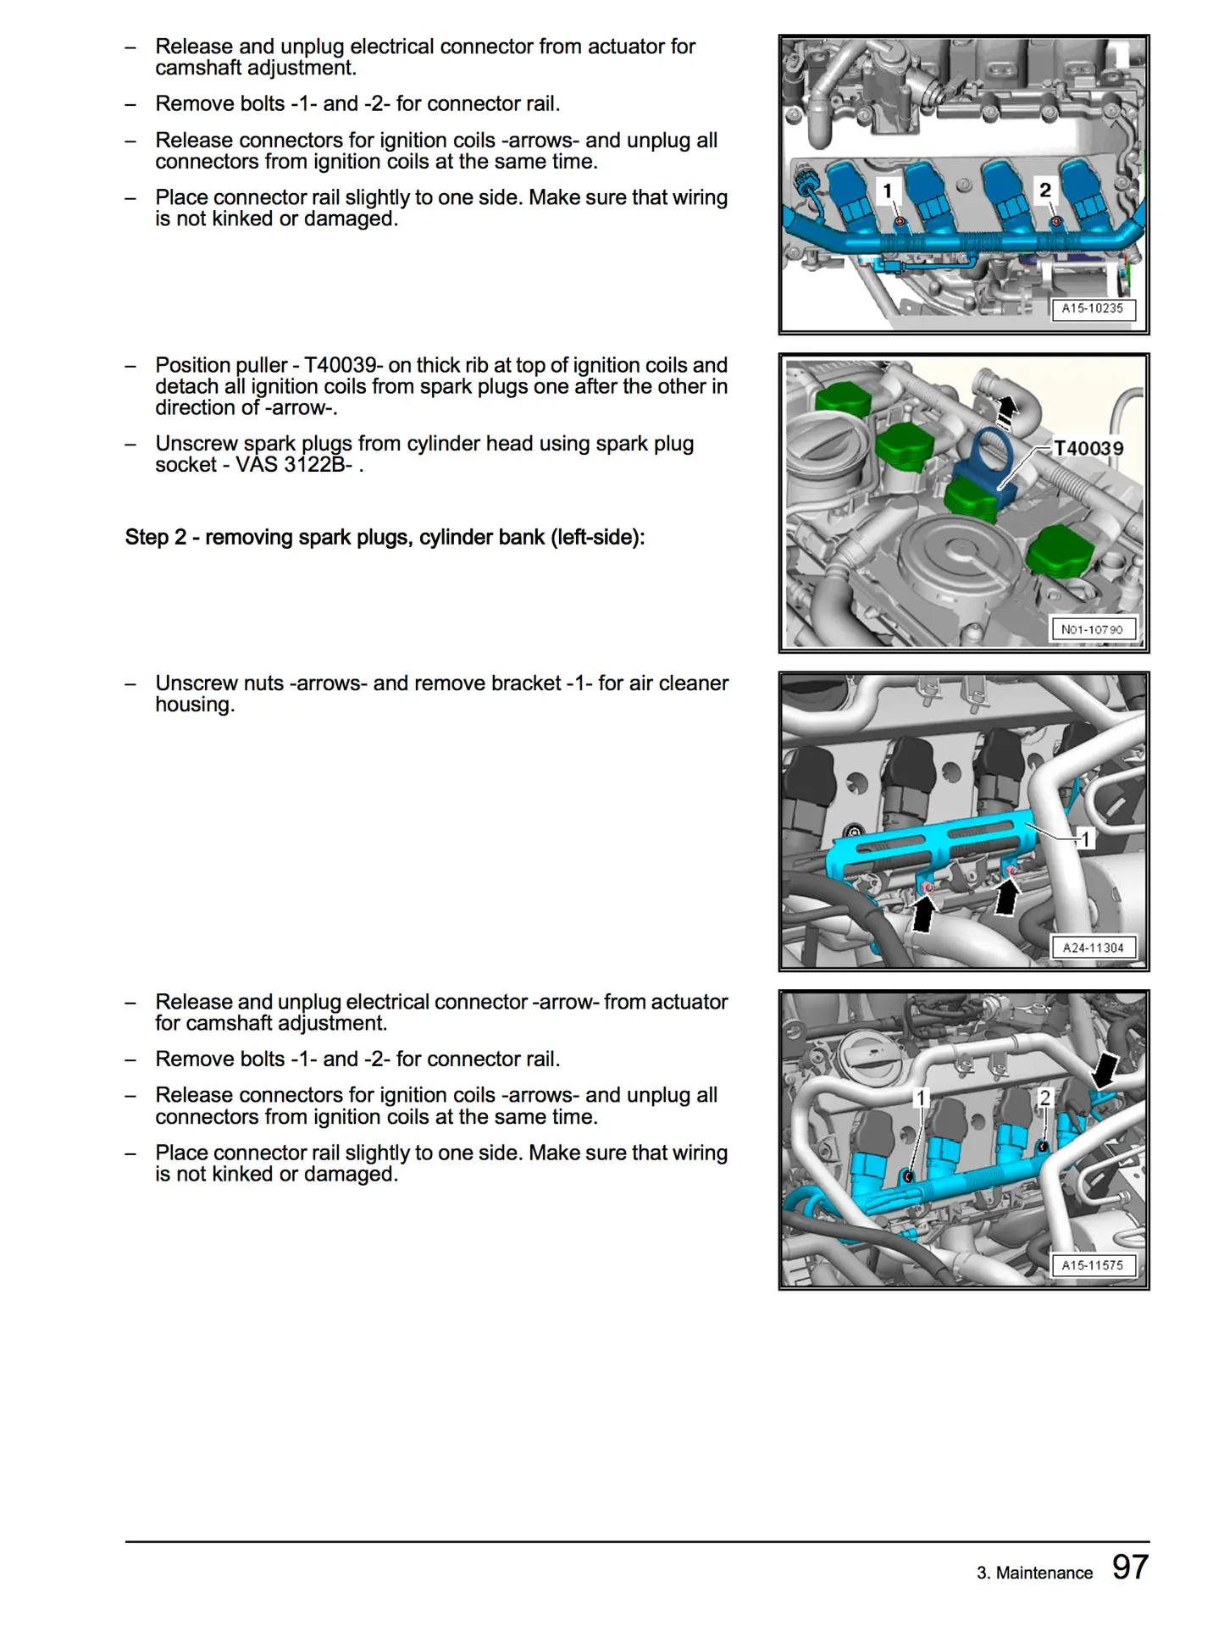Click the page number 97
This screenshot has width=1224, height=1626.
[x=1130, y=1568]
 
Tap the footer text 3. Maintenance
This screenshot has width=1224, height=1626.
[x=1034, y=1573]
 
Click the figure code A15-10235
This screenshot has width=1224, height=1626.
[x=1092, y=308]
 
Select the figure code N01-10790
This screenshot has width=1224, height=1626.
[x=1092, y=629]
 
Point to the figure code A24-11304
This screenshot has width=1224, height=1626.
[x=1093, y=948]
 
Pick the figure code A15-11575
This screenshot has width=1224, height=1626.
[x=1092, y=1265]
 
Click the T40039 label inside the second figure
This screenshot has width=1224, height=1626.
[x=1088, y=448]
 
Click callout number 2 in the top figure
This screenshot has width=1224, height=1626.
[x=1045, y=191]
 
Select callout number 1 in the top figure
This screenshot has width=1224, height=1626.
[x=888, y=191]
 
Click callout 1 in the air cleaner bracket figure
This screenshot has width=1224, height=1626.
[x=1085, y=838]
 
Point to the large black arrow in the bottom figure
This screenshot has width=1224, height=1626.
[x=1104, y=1070]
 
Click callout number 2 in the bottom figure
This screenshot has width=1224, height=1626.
[x=1045, y=1098]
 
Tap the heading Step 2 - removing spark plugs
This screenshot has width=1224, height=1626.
[x=385, y=537]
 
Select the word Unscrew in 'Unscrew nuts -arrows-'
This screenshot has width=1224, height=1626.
[x=196, y=683]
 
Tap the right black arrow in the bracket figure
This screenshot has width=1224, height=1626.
[x=1006, y=898]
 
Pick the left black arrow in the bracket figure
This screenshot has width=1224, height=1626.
[x=923, y=915]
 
